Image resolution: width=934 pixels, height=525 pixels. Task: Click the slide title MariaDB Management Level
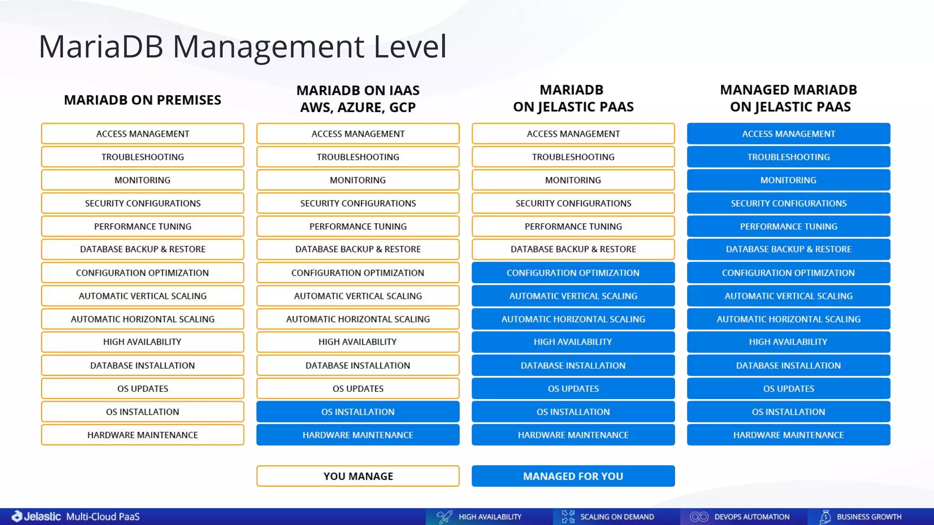(242, 46)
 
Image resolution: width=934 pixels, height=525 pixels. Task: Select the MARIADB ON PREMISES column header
(142, 100)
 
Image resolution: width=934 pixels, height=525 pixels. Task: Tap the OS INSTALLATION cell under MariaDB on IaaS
(358, 412)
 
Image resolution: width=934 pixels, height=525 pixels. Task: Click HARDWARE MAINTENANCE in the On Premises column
(142, 435)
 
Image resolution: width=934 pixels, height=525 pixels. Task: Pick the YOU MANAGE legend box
(358, 476)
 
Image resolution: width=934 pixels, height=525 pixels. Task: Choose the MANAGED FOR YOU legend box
(573, 476)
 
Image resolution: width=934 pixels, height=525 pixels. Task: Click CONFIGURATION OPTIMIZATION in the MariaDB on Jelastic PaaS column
(573, 273)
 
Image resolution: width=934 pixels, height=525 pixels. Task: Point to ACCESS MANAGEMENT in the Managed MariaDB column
(788, 134)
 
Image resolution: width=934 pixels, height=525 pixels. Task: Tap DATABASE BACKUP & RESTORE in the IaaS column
(358, 249)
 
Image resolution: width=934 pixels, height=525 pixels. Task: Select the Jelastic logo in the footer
(36, 516)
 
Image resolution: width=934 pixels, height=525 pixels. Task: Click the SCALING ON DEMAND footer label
(617, 517)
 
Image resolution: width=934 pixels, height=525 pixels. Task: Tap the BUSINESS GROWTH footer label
(869, 517)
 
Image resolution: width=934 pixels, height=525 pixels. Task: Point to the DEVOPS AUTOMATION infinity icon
(699, 517)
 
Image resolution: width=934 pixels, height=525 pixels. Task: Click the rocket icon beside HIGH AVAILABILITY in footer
(444, 517)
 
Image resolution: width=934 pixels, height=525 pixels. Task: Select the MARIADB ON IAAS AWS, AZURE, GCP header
(358, 98)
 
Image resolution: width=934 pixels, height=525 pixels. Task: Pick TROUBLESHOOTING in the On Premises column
(142, 157)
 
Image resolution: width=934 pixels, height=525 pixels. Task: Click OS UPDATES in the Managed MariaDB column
(788, 389)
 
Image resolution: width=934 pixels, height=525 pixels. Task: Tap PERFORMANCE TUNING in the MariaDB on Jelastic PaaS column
(573, 226)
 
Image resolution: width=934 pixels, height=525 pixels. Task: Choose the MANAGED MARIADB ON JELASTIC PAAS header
(788, 98)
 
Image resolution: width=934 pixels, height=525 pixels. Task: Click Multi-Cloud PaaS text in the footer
(103, 516)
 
